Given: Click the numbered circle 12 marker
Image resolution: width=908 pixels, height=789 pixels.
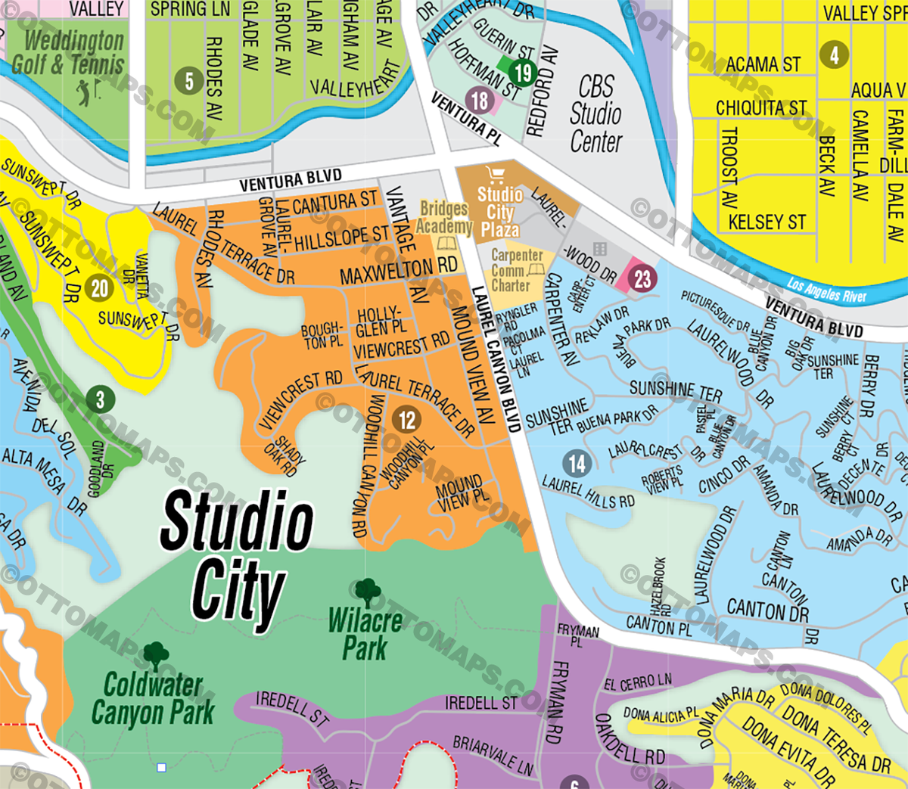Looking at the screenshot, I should point(407,420).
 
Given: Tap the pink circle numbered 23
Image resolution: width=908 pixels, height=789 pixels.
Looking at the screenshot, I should point(642,278).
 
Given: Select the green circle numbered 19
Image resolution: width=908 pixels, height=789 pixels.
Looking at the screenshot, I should point(523,73).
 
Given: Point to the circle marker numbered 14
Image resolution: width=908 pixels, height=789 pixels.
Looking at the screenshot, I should point(577,463).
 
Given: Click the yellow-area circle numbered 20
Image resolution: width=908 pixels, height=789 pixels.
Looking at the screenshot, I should point(100,287).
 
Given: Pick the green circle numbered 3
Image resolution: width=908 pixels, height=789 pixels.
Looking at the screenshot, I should point(99,399).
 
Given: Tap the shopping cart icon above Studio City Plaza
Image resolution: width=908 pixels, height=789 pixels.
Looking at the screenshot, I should point(496,176).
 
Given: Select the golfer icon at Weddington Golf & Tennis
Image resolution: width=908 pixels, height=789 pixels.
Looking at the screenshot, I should point(84,92).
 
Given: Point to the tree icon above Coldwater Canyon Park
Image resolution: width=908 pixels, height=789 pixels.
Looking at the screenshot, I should point(155,656).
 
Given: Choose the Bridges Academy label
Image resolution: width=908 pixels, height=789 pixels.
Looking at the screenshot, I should point(444,217).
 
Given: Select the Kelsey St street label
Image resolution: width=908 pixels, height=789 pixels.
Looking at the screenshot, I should point(767,222).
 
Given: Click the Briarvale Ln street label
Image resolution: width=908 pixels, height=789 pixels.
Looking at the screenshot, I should point(493,754).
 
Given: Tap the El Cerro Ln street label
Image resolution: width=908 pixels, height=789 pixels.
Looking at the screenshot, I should point(637,682).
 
